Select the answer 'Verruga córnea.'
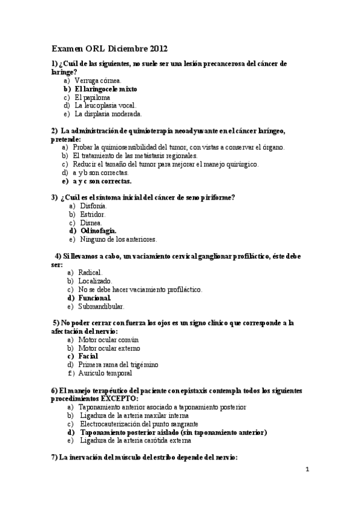(x=98, y=80)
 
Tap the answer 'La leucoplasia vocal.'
(x=106, y=105)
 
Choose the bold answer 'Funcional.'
(x=95, y=298)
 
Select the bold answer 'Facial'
(x=88, y=356)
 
